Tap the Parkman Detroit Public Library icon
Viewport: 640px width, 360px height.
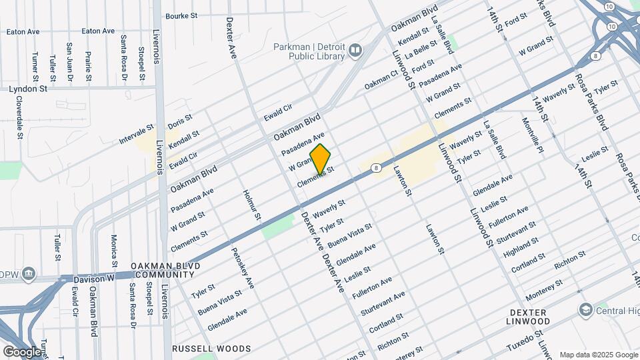[355, 51]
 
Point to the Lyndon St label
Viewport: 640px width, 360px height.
[28, 88]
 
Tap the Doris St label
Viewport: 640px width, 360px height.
[180, 121]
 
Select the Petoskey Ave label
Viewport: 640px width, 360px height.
[243, 268]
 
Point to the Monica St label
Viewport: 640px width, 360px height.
[114, 247]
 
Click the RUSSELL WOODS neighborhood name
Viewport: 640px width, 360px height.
[211, 349]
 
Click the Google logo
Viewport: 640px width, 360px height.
[21, 351]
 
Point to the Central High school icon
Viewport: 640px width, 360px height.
[585, 310]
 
